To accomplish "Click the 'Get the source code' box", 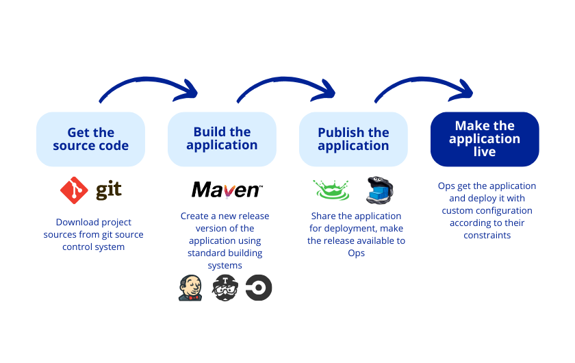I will click(x=90, y=139).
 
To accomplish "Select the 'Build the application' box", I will click(x=222, y=139).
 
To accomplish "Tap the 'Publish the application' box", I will click(x=353, y=139).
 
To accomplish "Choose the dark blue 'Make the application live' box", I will click(x=485, y=139).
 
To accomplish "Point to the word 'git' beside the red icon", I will click(x=109, y=190).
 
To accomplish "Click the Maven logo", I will click(x=226, y=190).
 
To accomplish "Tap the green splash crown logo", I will click(x=331, y=190).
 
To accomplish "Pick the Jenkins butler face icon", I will click(x=190, y=288).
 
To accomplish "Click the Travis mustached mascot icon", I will click(x=225, y=288).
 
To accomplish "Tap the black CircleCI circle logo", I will click(x=259, y=288).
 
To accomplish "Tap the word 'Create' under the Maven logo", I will click(x=194, y=216).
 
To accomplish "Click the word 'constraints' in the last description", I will click(x=487, y=235).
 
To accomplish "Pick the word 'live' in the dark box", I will click(x=485, y=152).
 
